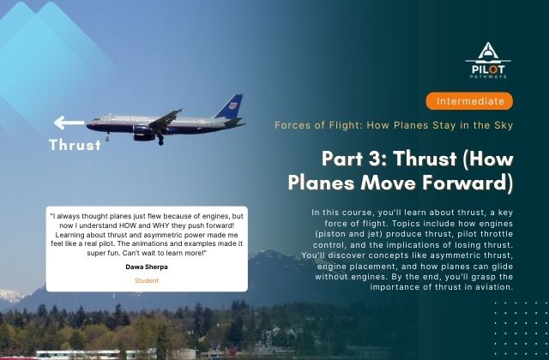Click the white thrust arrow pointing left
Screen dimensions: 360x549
point(68,123)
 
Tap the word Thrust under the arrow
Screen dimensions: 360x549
point(75,145)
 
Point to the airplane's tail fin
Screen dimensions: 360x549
point(230,106)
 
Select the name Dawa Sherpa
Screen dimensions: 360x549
point(146,267)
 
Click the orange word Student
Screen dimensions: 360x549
point(146,280)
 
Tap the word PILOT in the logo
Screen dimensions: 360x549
point(489,65)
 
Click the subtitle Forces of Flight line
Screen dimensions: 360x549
point(393,125)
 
